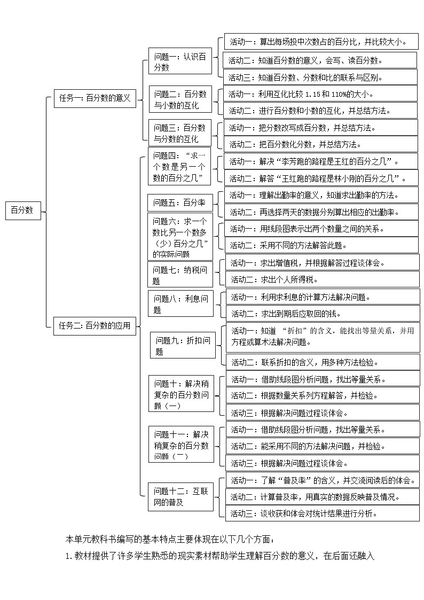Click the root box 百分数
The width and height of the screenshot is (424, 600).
pyautogui.click(x=22, y=211)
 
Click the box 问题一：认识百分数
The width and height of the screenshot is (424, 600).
pyautogui.click(x=180, y=62)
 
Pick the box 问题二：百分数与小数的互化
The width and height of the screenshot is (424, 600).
pyautogui.click(x=180, y=100)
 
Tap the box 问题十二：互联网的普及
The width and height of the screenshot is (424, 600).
pyautogui.click(x=180, y=496)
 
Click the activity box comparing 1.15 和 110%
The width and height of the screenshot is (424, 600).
pyautogui.click(x=320, y=94)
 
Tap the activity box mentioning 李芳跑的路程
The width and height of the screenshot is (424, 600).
pyautogui.click(x=321, y=161)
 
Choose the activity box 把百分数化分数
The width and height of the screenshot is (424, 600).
pyautogui.click(x=320, y=144)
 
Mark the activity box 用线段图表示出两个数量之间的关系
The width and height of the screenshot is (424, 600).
pyautogui.click(x=321, y=229)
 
